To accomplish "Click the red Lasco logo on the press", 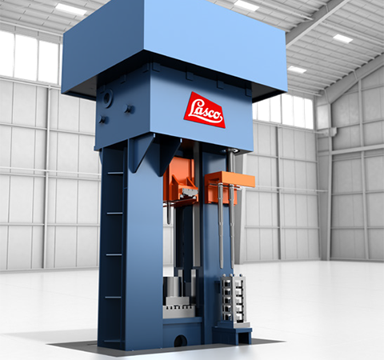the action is [204, 110].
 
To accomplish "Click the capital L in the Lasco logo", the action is [194, 109].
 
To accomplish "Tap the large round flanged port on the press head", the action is [108, 99].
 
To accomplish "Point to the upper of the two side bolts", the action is [130, 109].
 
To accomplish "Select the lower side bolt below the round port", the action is [102, 119].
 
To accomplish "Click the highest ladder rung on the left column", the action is [115, 174].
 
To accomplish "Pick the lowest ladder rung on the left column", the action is [114, 297].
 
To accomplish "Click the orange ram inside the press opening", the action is [181, 180].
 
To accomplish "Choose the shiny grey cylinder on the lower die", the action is [173, 287].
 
